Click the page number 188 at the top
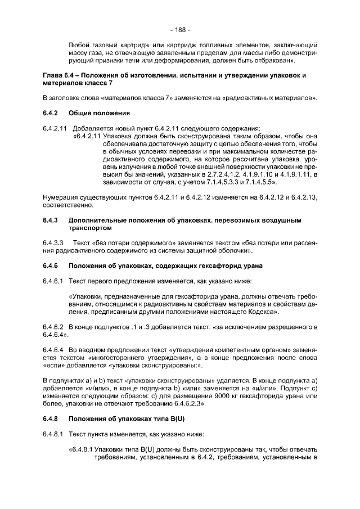[x=179, y=29]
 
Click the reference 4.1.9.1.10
[x=247, y=175]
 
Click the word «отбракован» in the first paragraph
[x=277, y=58]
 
